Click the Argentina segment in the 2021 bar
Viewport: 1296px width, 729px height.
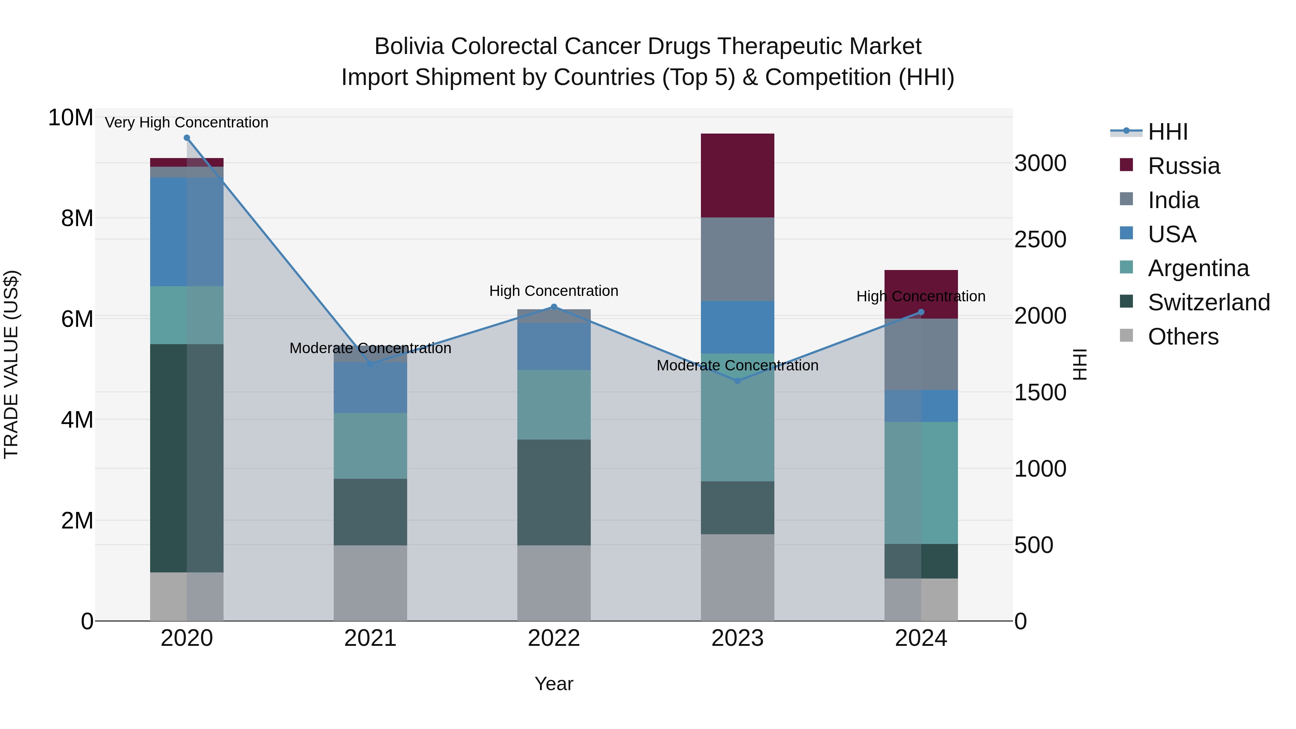point(370,445)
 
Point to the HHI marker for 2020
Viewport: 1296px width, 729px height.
point(186,138)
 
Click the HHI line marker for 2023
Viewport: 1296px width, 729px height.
point(738,381)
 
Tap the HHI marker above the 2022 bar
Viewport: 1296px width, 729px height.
point(554,307)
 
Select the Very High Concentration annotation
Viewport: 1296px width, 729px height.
point(186,122)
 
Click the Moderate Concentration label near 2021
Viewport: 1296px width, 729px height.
point(370,348)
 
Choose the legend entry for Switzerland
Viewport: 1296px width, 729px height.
point(1209,302)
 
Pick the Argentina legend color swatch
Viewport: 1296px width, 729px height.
point(1126,267)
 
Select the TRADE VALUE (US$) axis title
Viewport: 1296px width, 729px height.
point(11,364)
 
